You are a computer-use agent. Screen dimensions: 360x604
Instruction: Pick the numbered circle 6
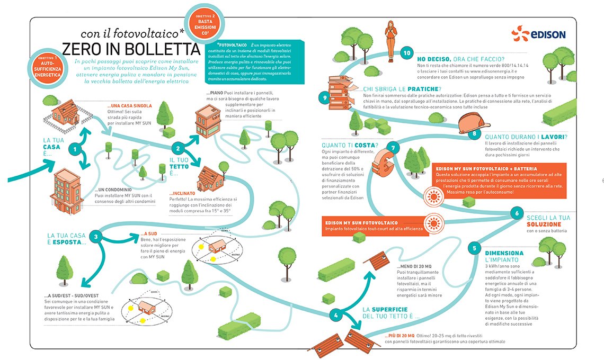pos(516,213)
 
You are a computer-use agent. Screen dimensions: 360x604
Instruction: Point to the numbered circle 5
pos(475,248)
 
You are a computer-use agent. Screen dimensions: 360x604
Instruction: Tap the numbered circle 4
pos(335,315)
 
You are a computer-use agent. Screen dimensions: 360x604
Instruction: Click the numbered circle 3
pos(95,237)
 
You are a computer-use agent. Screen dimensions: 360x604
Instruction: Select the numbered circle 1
pos(77,149)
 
